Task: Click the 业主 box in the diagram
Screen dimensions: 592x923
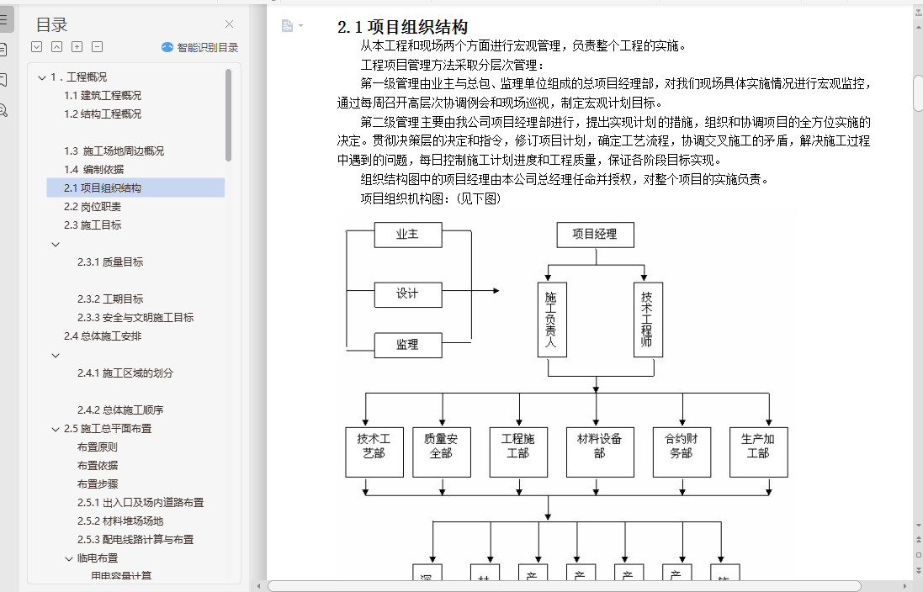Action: click(407, 235)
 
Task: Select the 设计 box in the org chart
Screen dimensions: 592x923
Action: click(407, 293)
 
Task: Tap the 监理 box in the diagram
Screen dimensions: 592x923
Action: click(407, 344)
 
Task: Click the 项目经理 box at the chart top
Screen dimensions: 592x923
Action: click(595, 235)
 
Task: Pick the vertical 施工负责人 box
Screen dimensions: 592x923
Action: click(552, 320)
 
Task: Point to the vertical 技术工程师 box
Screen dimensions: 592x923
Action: click(646, 320)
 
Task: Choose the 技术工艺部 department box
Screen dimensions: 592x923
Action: click(374, 452)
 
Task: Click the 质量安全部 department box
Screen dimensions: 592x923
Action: click(441, 452)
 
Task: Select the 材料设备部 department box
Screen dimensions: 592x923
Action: click(599, 452)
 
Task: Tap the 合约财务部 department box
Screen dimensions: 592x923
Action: click(681, 452)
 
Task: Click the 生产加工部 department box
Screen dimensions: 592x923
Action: click(758, 452)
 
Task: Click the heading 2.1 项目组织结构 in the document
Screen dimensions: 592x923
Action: click(402, 27)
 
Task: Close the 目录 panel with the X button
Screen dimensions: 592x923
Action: click(230, 24)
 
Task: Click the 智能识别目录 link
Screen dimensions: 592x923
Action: click(199, 48)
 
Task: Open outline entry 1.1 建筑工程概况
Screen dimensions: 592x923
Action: click(103, 95)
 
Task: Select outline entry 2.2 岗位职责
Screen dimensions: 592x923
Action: click(93, 206)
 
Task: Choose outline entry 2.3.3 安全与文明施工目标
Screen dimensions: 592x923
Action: click(135, 317)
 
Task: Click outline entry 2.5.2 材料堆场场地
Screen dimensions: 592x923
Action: click(120, 521)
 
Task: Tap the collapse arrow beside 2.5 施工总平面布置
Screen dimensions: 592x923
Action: click(56, 429)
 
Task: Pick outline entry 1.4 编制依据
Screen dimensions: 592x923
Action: click(93, 169)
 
